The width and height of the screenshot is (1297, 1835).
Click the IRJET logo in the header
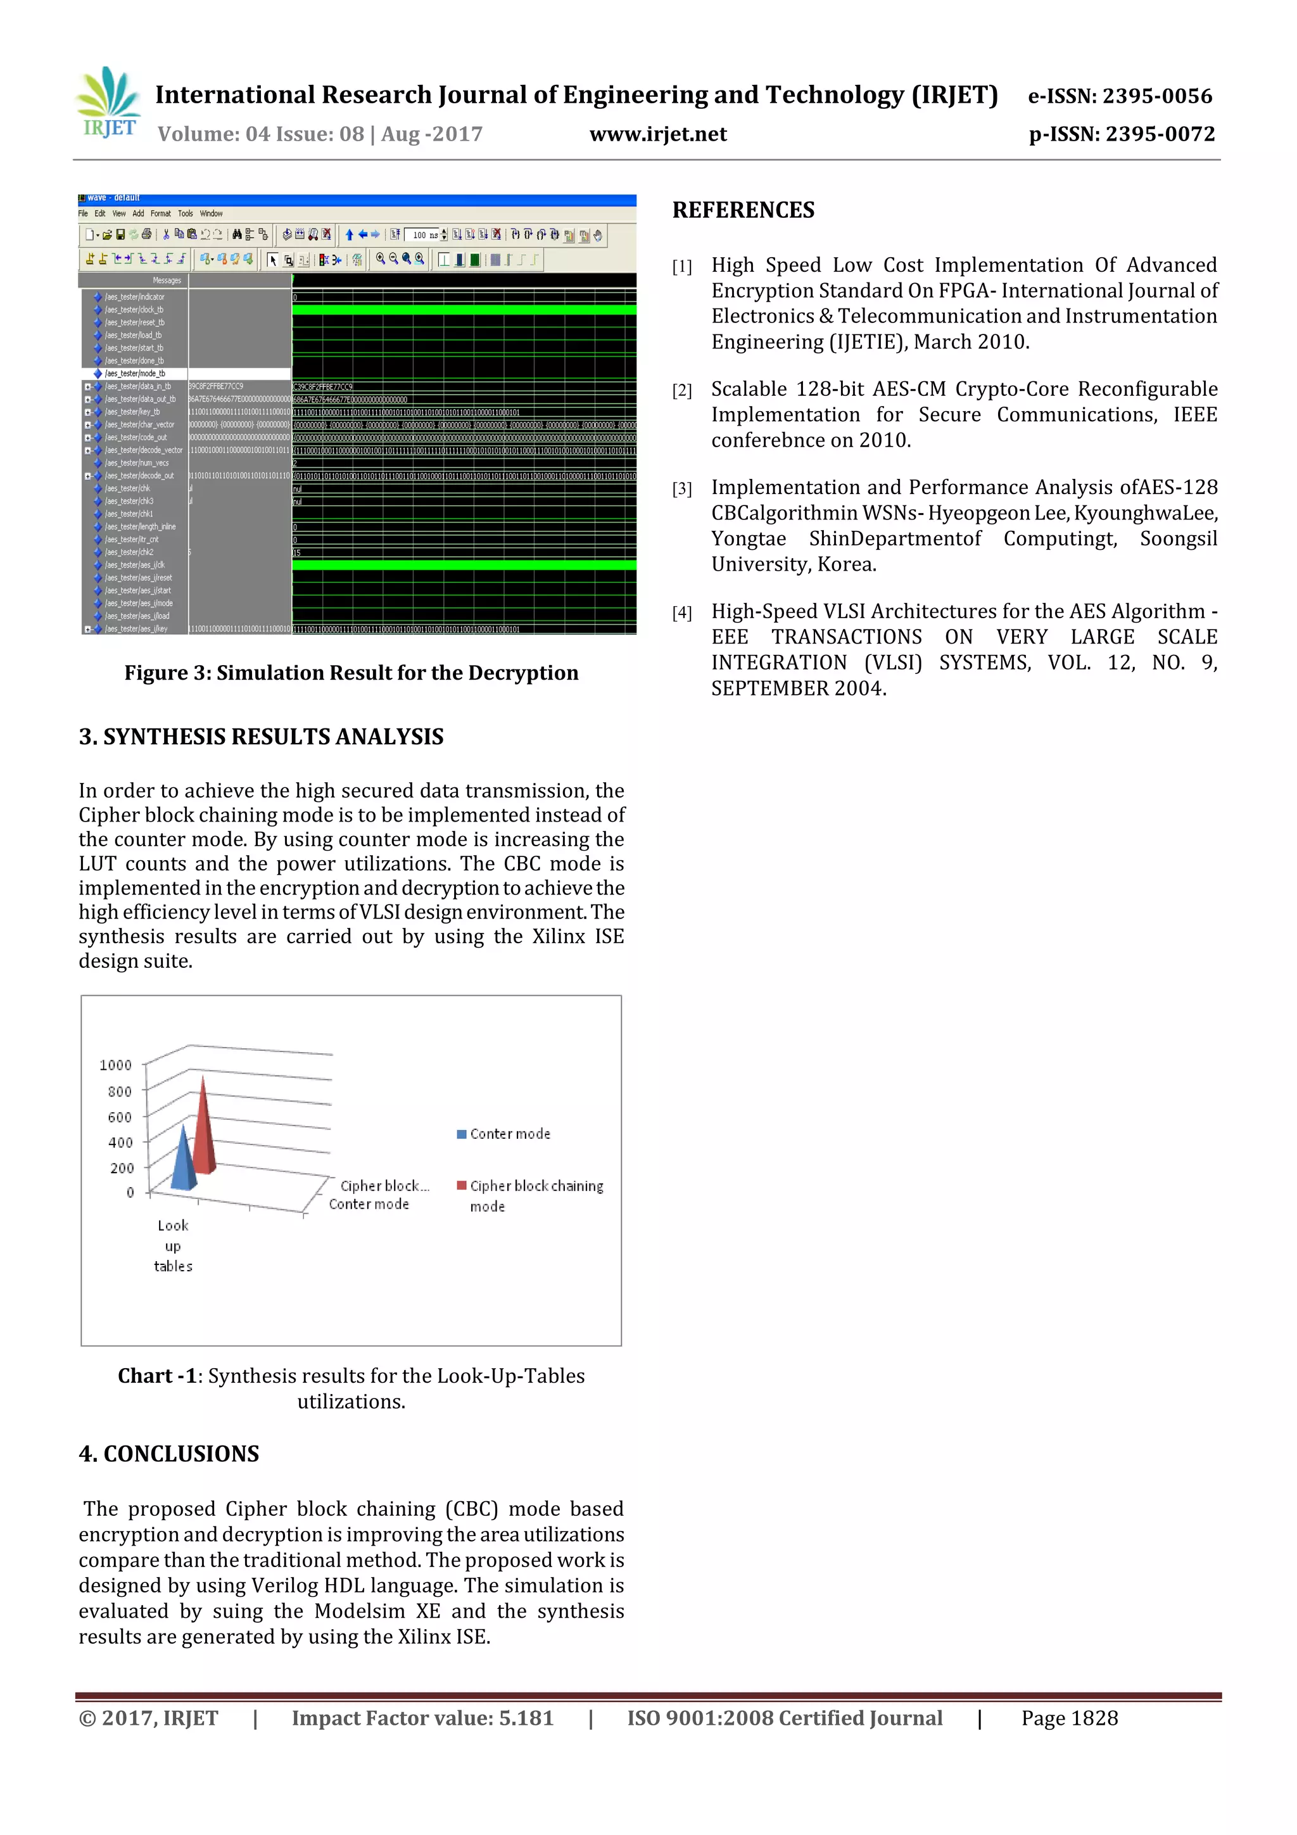[108, 104]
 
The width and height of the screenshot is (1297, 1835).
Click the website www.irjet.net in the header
[658, 134]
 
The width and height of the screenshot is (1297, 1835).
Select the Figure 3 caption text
[351, 673]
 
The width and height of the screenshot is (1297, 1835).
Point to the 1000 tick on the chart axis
[115, 1065]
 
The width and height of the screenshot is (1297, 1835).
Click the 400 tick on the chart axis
[120, 1143]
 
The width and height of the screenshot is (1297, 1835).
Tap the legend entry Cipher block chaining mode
[531, 1195]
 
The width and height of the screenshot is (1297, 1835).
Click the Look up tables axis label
[173, 1245]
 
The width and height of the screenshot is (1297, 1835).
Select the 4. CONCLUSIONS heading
[168, 1454]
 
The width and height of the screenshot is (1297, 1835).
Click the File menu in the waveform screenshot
[82, 213]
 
